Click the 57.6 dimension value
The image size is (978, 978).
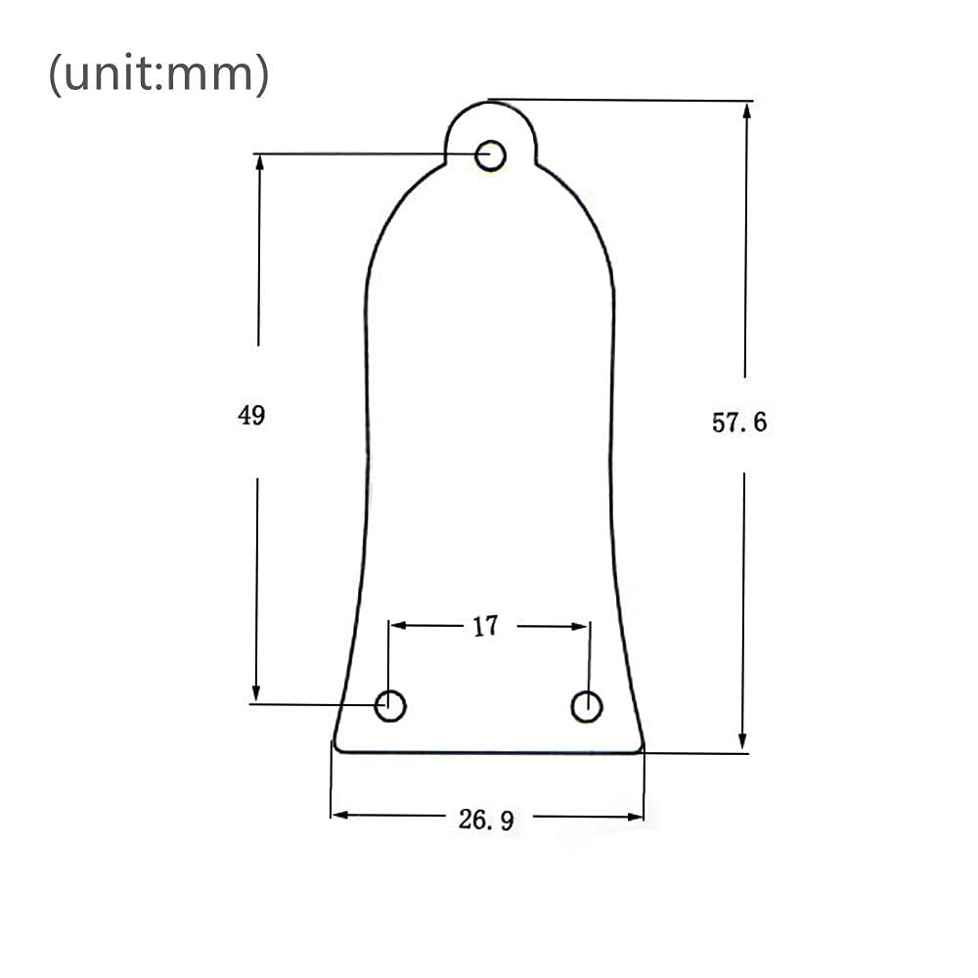(x=739, y=422)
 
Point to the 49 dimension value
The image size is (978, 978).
(x=251, y=415)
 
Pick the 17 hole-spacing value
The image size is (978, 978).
(x=486, y=626)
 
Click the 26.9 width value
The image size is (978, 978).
(x=486, y=820)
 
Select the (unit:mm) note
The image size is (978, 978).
(x=159, y=73)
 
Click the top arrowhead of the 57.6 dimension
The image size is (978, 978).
(x=746, y=111)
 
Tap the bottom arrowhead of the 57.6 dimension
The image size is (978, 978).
(x=742, y=741)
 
